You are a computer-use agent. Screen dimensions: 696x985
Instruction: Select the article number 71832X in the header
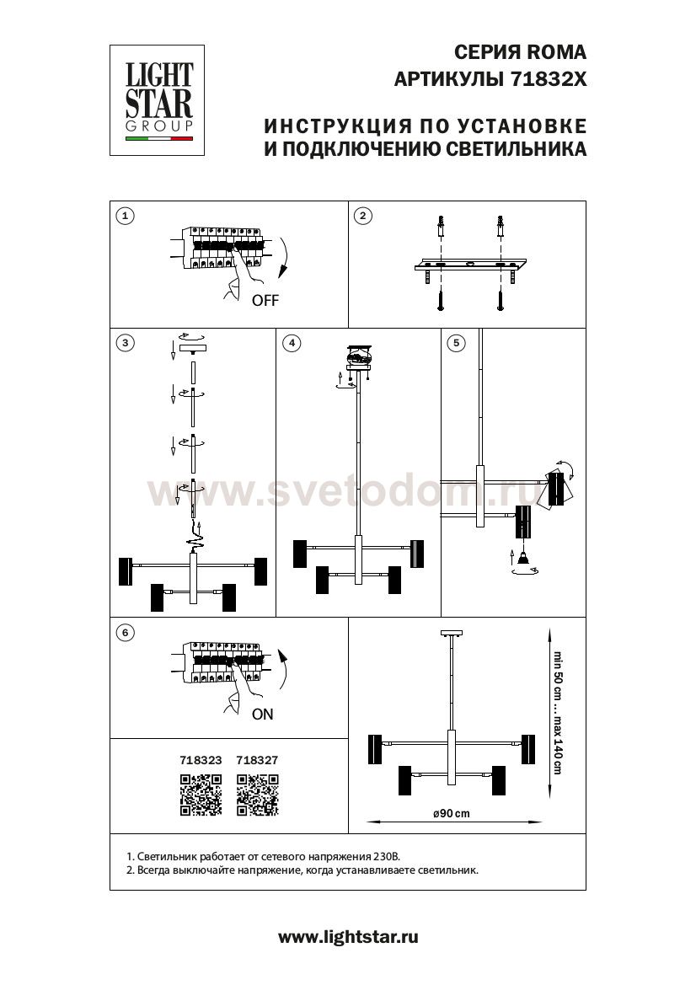(x=549, y=79)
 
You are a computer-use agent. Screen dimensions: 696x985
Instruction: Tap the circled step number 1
(x=126, y=216)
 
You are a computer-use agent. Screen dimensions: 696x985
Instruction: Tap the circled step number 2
(x=363, y=216)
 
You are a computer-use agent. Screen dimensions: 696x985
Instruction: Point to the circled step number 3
(x=126, y=343)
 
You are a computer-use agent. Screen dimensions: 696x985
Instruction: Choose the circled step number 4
(x=292, y=343)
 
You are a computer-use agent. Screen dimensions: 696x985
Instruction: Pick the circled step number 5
(x=456, y=343)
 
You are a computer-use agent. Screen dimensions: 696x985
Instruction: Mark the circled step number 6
(x=126, y=633)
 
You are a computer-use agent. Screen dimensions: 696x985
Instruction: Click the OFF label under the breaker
(x=265, y=300)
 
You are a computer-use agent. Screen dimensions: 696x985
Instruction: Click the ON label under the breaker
(x=263, y=715)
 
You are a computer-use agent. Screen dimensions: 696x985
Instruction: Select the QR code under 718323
(x=201, y=795)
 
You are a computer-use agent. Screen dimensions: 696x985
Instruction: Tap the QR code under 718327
(x=258, y=795)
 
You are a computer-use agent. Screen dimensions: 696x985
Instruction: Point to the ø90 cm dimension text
(x=452, y=813)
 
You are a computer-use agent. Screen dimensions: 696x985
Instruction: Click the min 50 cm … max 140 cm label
(x=557, y=712)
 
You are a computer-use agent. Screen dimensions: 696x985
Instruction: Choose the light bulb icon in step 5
(x=522, y=555)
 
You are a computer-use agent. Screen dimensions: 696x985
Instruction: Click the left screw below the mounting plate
(x=442, y=301)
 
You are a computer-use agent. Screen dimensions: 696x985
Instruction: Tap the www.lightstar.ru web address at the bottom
(x=348, y=938)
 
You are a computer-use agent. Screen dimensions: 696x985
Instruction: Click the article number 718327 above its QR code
(x=257, y=760)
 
